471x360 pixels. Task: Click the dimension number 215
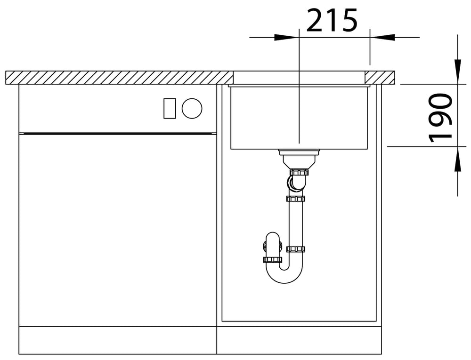click(332, 20)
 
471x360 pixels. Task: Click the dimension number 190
click(440, 118)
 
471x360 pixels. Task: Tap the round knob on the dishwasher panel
click(192, 108)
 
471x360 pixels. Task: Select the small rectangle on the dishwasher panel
click(170, 108)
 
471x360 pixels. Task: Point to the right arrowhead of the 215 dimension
click(382, 38)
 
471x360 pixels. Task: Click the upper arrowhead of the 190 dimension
click(457, 72)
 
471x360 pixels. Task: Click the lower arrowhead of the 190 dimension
click(457, 159)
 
